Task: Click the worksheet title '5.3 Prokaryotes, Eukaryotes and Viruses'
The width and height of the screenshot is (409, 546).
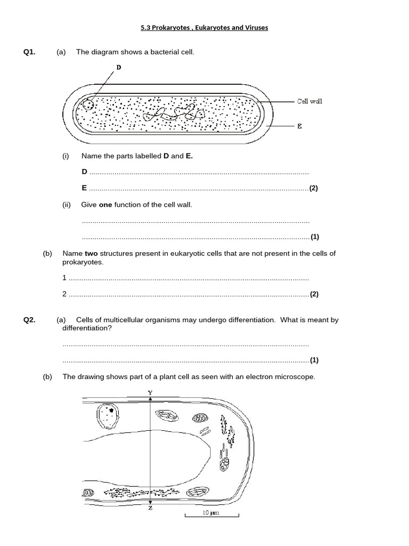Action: (204, 28)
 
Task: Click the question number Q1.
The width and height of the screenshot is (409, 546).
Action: (29, 52)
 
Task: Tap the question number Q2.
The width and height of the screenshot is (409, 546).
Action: (29, 320)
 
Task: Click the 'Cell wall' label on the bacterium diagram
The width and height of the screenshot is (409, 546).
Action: (309, 101)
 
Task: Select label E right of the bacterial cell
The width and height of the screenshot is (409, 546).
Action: (299, 126)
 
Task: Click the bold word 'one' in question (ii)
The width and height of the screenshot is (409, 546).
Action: (105, 205)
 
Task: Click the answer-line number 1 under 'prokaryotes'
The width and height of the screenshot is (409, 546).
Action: (64, 278)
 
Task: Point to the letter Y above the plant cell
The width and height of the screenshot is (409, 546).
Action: (150, 393)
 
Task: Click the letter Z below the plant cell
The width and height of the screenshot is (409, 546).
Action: (150, 508)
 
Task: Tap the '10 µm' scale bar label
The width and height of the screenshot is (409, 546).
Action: (211, 512)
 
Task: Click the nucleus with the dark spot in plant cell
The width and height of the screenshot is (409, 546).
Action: (108, 415)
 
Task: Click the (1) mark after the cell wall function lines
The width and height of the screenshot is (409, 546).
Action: (314, 237)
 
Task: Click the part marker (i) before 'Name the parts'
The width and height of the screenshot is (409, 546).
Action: (66, 156)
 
